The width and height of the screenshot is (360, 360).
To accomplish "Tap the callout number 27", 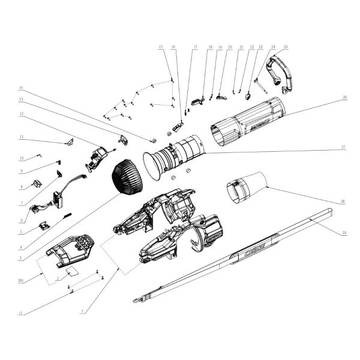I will (x=343, y=147).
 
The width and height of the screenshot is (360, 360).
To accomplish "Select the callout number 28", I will (x=343, y=203).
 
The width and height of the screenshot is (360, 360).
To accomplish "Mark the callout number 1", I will (x=82, y=311).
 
